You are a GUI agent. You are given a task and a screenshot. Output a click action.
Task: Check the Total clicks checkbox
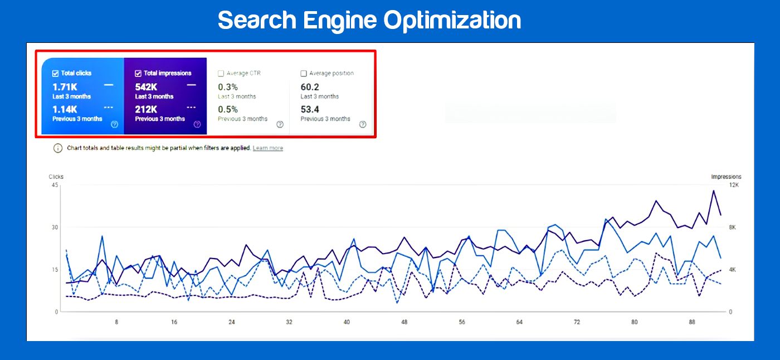(56, 73)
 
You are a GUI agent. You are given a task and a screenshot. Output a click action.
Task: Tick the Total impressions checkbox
(138, 73)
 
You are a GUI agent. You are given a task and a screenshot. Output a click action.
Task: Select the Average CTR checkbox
(221, 73)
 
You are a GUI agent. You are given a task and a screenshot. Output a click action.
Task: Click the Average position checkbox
(304, 73)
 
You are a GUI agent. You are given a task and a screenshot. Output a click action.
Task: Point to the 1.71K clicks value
(65, 87)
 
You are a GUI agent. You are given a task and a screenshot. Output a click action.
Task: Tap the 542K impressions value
(146, 87)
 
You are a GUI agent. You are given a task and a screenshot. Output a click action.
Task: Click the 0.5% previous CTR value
(228, 109)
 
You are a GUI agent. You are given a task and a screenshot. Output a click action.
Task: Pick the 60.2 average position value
(310, 87)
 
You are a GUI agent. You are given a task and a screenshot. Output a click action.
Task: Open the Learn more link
(268, 148)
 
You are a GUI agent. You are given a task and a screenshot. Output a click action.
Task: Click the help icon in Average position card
(363, 124)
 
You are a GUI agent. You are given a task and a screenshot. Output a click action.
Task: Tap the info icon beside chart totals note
(58, 148)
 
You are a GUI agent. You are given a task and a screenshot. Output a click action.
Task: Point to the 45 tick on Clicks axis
(55, 185)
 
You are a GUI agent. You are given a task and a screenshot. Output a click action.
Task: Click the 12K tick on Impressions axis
(734, 185)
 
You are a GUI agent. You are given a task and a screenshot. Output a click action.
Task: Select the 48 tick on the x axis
(404, 322)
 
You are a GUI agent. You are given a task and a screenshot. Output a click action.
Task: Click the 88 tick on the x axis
(692, 322)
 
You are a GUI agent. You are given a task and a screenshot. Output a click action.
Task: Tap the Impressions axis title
(726, 177)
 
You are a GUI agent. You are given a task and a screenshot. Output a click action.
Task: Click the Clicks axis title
(56, 177)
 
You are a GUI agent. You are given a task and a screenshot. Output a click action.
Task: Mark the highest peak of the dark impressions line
(713, 191)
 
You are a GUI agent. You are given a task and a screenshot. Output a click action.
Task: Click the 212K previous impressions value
(146, 109)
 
